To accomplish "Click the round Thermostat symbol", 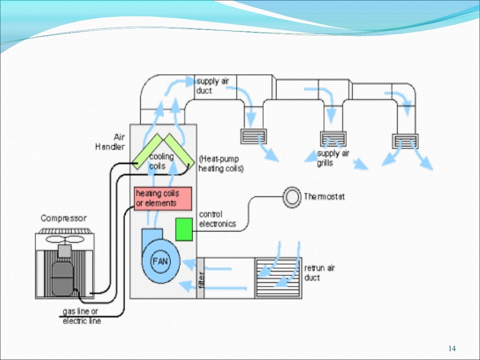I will pos(292,196).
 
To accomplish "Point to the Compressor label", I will pos(63,218).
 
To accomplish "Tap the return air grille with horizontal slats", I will pos(277,277).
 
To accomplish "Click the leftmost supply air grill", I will pos(254,136).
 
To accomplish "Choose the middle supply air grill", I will pos(333,138).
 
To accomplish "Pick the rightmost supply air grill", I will pos(405,141).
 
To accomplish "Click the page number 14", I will pos(452,348).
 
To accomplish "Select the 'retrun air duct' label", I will pos(320,273).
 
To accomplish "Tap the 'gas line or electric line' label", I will pos(82,316).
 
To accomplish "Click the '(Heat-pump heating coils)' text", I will pos(221,164).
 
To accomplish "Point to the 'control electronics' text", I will pos(217,219).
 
